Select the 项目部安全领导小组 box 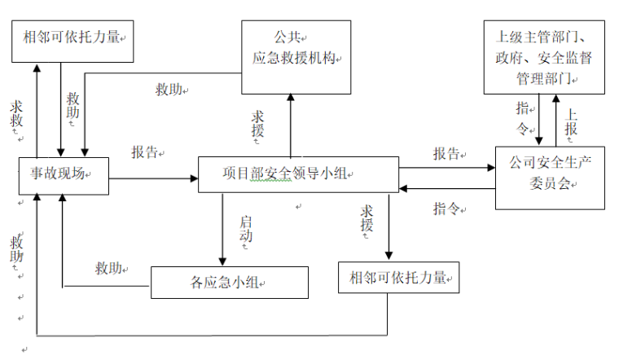coord(298,173)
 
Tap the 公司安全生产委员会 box coord(550,173)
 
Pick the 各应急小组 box coord(229,282)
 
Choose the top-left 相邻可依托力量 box coord(72,37)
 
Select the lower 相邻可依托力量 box coord(398,277)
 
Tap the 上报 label coord(571,121)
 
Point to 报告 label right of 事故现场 coord(147,152)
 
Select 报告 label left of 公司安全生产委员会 coord(446,153)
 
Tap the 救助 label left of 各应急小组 coord(109,268)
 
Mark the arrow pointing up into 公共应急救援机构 coord(290,122)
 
